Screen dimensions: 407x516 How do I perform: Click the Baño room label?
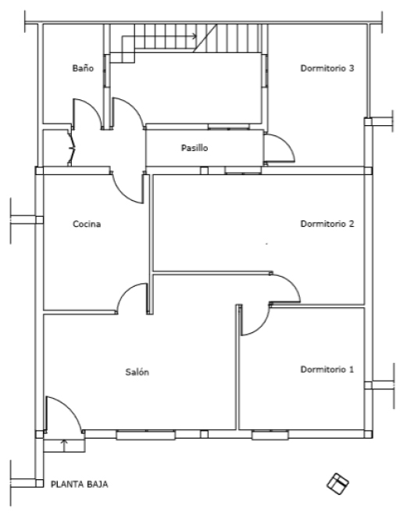point(83,68)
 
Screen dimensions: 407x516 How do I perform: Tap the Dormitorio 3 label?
point(327,68)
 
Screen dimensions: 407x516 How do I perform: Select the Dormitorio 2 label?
point(327,224)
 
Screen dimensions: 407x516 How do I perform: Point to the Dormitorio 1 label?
point(327,369)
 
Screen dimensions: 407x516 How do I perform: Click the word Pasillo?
point(195,148)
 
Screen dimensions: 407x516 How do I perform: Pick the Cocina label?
point(87,224)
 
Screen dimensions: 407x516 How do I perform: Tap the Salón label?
point(137,372)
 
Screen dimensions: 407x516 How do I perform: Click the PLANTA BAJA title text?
point(79,485)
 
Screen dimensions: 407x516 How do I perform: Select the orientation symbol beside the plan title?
point(337,484)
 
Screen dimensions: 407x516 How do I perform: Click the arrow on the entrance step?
point(64,445)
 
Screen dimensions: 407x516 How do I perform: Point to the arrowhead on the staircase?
point(195,36)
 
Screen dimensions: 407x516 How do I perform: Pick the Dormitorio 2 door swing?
point(285,288)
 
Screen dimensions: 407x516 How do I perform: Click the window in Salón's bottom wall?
point(145,435)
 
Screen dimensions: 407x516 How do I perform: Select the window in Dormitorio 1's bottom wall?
point(270,435)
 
